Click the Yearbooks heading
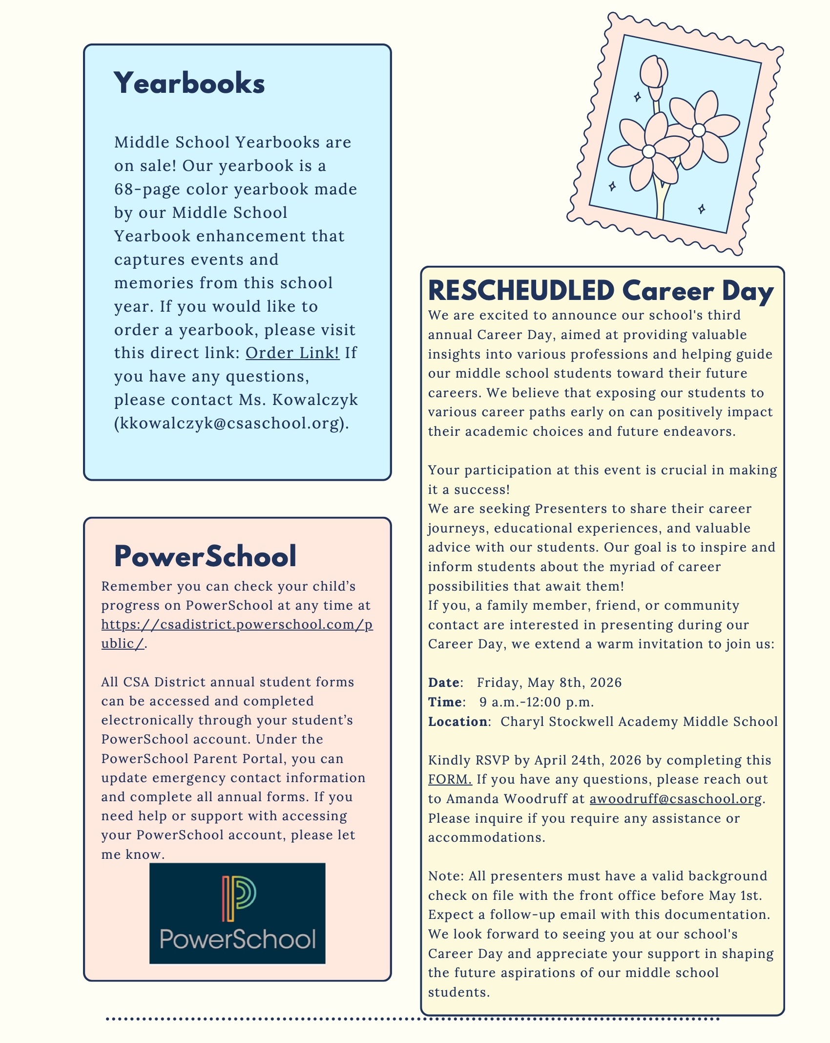(189, 83)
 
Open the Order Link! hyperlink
(292, 353)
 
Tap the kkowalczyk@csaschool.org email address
(229, 423)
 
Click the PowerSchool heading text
(205, 556)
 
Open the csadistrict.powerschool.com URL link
(237, 625)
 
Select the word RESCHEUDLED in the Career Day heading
(521, 291)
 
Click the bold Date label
(444, 682)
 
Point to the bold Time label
(445, 702)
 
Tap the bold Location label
(457, 722)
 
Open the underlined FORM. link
(450, 779)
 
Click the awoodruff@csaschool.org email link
(676, 799)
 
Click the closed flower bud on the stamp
(654, 73)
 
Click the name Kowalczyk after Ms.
(315, 400)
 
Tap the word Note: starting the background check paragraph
(446, 876)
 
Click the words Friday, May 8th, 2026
(549, 682)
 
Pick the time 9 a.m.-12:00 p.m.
(537, 702)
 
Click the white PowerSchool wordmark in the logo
(238, 939)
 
